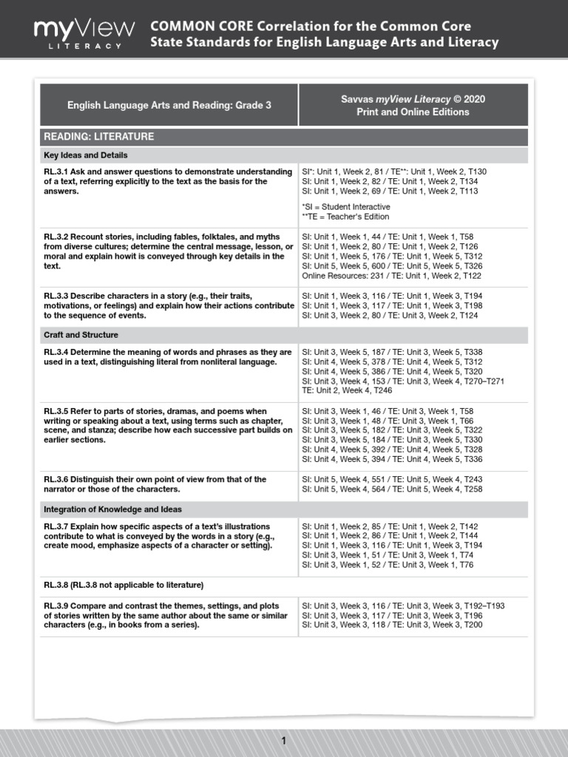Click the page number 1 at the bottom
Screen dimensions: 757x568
283,741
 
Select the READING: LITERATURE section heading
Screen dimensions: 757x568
99,137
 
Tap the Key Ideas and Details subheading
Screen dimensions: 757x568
86,155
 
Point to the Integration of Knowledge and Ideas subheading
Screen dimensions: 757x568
112,509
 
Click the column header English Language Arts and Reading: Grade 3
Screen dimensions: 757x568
169,105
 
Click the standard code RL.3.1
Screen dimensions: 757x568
56,172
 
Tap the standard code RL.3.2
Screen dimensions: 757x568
56,236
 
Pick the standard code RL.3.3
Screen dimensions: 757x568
56,295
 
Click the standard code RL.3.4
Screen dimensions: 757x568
56,351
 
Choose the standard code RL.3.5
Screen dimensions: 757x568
56,411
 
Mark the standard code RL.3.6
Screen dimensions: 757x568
56,479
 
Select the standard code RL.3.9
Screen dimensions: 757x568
56,605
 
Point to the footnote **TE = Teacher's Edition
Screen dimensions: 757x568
345,217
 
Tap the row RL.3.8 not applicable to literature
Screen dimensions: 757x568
124,585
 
